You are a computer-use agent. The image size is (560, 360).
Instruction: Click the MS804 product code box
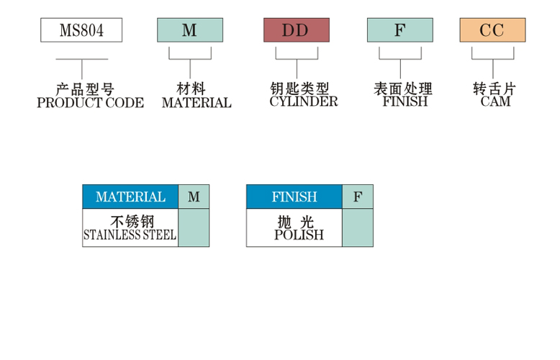click(x=81, y=30)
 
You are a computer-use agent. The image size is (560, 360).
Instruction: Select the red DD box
click(x=297, y=30)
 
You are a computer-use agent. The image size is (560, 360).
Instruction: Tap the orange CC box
click(x=492, y=30)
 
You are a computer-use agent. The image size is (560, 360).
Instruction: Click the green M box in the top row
click(x=190, y=30)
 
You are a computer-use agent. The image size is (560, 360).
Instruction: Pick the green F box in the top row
click(x=400, y=30)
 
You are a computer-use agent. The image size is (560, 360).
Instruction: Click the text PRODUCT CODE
click(x=91, y=103)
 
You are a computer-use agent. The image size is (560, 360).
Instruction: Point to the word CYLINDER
click(x=304, y=102)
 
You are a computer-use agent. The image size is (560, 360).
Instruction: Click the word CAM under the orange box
click(x=495, y=102)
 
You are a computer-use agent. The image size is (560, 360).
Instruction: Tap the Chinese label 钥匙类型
click(x=299, y=89)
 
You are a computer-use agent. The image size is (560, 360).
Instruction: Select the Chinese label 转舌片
click(x=494, y=89)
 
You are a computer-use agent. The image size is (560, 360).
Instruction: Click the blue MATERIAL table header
click(x=130, y=197)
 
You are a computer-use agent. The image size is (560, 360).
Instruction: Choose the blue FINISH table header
click(x=294, y=197)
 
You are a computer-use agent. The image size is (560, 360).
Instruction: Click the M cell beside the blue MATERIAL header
click(x=194, y=197)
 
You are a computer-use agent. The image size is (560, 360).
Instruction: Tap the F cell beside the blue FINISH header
click(x=358, y=197)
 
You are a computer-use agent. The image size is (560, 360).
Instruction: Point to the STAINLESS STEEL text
click(x=130, y=235)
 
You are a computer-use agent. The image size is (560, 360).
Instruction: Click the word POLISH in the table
click(x=299, y=235)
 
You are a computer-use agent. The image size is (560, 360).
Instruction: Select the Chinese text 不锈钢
click(x=132, y=222)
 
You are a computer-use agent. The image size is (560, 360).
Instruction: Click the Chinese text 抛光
click(x=296, y=222)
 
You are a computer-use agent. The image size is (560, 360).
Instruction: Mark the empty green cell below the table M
click(x=194, y=228)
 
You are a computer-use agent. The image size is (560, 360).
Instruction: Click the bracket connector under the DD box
click(x=297, y=63)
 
